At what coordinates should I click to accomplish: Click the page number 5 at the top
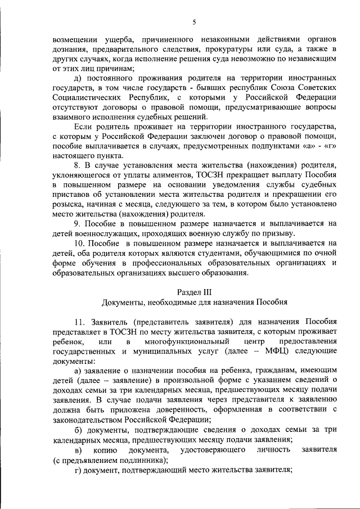click(x=193, y=22)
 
